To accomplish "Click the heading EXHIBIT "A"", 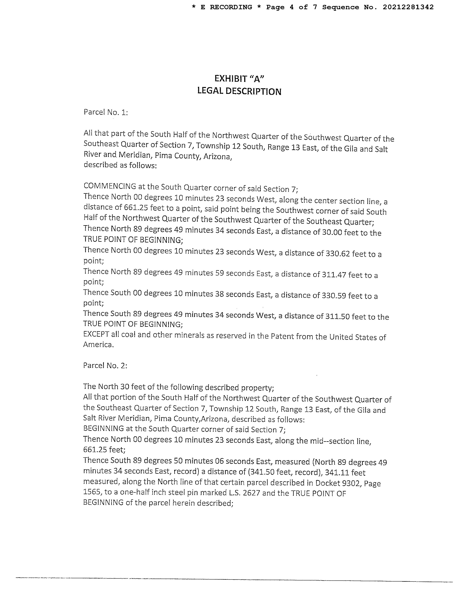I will (x=239, y=79).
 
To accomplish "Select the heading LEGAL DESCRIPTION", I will (x=239, y=91).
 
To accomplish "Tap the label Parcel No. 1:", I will (x=106, y=112).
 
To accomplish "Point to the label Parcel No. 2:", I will (x=105, y=366).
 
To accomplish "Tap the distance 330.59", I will (x=333, y=296).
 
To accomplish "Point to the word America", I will (x=98, y=345).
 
